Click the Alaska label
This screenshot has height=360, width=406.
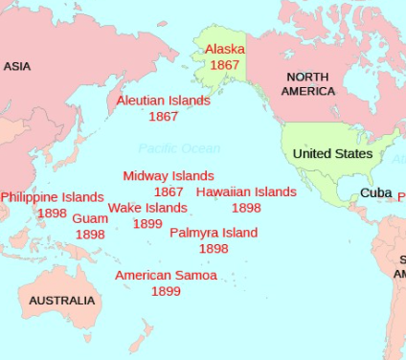click(225, 49)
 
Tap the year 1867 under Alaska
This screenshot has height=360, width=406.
click(225, 65)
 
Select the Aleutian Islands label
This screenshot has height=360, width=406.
click(164, 101)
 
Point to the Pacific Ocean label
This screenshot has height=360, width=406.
click(179, 148)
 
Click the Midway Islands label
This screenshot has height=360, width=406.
click(169, 176)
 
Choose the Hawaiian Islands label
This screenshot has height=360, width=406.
click(246, 191)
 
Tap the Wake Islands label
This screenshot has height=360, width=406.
click(147, 208)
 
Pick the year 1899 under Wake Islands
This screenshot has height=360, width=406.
click(147, 223)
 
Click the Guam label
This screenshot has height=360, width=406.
click(90, 218)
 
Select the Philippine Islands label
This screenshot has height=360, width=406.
click(52, 197)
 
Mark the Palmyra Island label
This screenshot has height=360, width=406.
click(214, 233)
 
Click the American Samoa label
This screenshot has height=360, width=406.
click(166, 276)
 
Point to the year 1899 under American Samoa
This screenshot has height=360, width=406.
click(166, 291)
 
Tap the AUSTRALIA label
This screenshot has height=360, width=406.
click(62, 301)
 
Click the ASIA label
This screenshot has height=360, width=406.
click(17, 66)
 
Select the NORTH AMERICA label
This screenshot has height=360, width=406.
click(308, 84)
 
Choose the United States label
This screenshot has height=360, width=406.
click(332, 154)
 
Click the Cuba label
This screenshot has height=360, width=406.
click(375, 193)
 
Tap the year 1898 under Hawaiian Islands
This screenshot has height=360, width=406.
click(246, 208)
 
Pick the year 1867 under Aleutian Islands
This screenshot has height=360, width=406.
click(164, 116)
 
